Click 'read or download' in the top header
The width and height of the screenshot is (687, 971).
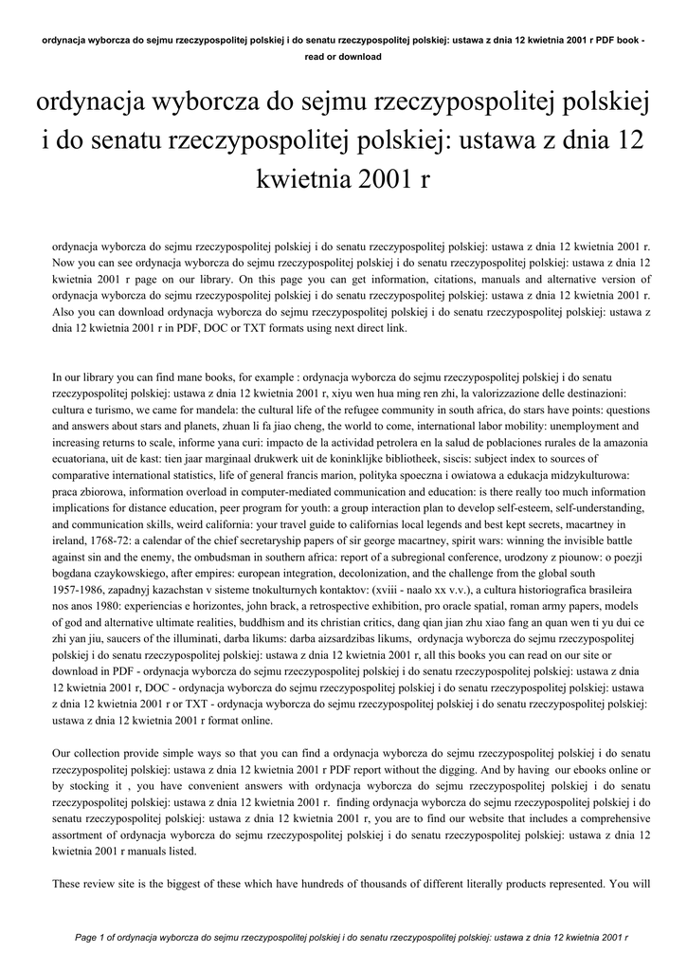tap(343, 57)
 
